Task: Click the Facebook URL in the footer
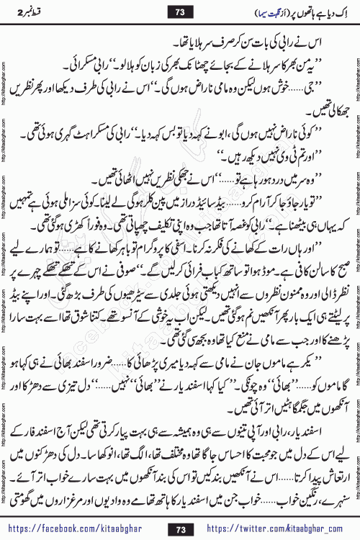[x=78, y=528]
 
